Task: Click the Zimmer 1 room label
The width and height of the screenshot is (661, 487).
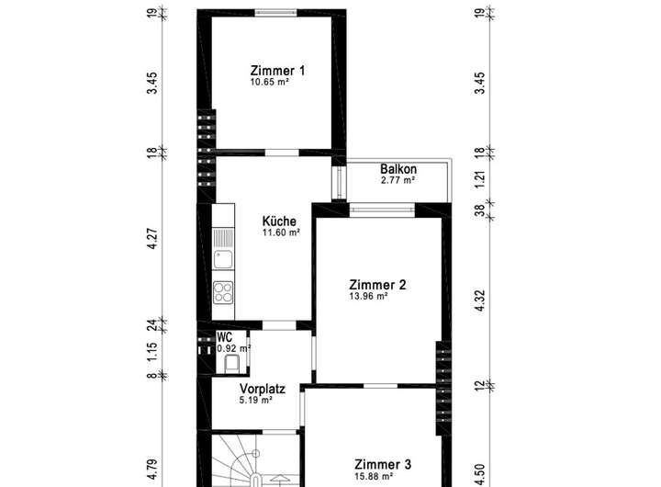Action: pyautogui.click(x=277, y=71)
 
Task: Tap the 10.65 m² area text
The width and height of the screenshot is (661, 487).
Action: pyautogui.click(x=269, y=82)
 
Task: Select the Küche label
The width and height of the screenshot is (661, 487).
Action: pyautogui.click(x=279, y=221)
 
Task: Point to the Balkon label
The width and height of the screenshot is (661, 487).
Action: pyautogui.click(x=398, y=169)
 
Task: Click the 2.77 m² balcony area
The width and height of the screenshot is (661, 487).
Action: pyautogui.click(x=398, y=180)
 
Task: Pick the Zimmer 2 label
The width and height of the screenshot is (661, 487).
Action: pyautogui.click(x=377, y=285)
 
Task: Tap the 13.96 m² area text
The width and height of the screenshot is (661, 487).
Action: pyautogui.click(x=368, y=296)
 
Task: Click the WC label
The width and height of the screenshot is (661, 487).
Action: pyautogui.click(x=224, y=337)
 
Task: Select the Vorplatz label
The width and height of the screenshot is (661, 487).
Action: pyautogui.click(x=263, y=389)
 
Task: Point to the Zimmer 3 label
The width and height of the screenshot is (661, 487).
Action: pyautogui.click(x=383, y=465)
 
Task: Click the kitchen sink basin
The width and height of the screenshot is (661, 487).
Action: pyautogui.click(x=222, y=259)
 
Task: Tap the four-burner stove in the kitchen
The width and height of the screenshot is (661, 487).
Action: pyautogui.click(x=223, y=292)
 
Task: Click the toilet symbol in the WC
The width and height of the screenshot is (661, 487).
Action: pyautogui.click(x=231, y=364)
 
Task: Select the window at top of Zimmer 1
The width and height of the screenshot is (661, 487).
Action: pyautogui.click(x=275, y=12)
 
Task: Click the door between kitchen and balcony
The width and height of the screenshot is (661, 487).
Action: pyautogui.click(x=339, y=182)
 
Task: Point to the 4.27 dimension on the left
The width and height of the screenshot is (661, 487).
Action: pyautogui.click(x=152, y=239)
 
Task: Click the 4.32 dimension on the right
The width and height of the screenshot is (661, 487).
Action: pyautogui.click(x=480, y=300)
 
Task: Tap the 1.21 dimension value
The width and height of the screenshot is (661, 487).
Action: pyautogui.click(x=480, y=180)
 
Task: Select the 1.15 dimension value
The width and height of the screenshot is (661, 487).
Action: pyautogui.click(x=152, y=351)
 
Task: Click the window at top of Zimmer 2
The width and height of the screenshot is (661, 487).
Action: pyautogui.click(x=382, y=209)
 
